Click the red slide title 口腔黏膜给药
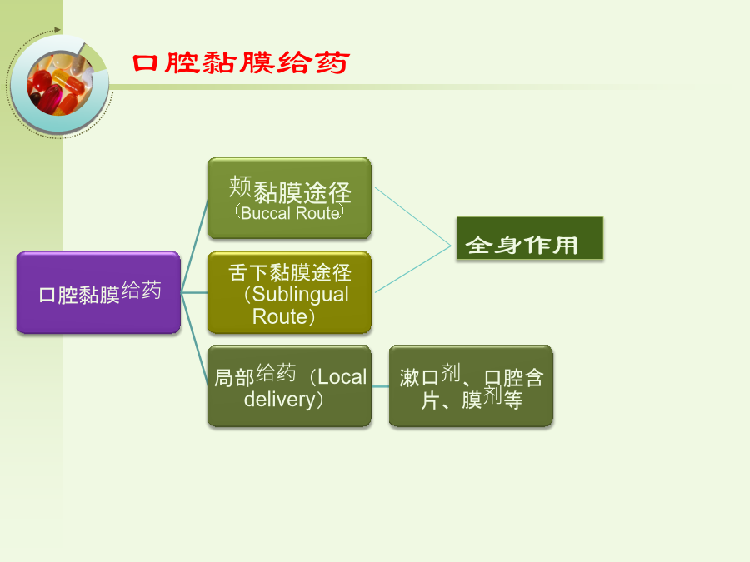(241, 63)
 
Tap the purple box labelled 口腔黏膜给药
(98, 292)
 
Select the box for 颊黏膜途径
(289, 198)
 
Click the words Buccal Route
(290, 213)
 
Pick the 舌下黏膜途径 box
(289, 292)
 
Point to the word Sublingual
(300, 295)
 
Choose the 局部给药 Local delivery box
(289, 385)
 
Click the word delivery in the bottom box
(279, 400)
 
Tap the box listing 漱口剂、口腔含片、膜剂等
(471, 385)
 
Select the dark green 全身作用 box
(530, 238)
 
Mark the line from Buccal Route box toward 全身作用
(412, 216)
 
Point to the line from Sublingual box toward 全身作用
(412, 270)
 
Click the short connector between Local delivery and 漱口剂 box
(380, 386)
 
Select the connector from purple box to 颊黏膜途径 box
(194, 246)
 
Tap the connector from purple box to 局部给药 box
(194, 339)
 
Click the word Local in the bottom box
(342, 377)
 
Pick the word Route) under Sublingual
(283, 317)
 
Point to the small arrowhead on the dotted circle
(57, 30)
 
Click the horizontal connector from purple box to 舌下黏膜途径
(194, 292)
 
